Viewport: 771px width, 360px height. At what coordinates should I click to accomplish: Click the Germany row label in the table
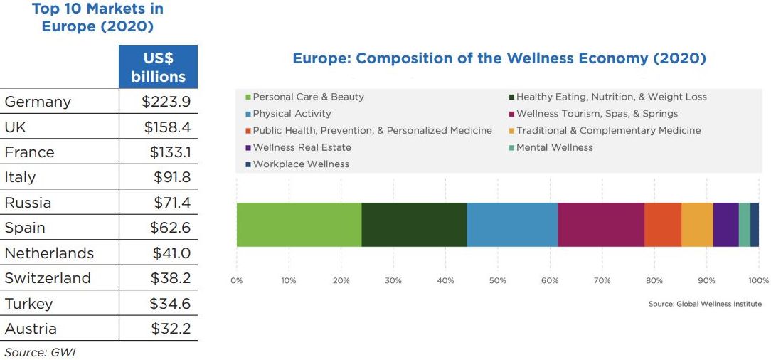[38, 102]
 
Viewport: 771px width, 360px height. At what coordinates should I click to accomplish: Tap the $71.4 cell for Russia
[171, 203]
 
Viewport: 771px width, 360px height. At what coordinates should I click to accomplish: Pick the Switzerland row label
[48, 278]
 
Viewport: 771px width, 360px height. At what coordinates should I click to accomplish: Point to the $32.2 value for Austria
[170, 329]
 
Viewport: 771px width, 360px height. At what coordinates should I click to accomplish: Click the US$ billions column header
[158, 68]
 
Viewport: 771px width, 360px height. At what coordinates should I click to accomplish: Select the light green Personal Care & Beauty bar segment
[299, 224]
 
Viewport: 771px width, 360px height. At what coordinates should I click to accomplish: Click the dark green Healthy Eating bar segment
[414, 224]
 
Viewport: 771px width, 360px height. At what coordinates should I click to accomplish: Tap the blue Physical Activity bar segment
[512, 224]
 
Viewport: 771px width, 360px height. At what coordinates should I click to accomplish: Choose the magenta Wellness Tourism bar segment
[601, 224]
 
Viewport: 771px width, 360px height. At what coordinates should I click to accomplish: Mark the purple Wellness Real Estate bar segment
[725, 224]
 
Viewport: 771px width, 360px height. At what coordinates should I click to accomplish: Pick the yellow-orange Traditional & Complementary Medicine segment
[697, 224]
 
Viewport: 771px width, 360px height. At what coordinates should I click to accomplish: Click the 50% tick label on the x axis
[498, 280]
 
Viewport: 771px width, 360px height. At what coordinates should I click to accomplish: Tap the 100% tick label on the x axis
[758, 280]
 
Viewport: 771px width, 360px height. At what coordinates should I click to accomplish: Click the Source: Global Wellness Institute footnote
[704, 304]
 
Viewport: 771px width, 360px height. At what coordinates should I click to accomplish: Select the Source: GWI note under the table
[40, 351]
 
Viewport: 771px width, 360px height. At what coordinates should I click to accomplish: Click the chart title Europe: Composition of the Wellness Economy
[499, 58]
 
